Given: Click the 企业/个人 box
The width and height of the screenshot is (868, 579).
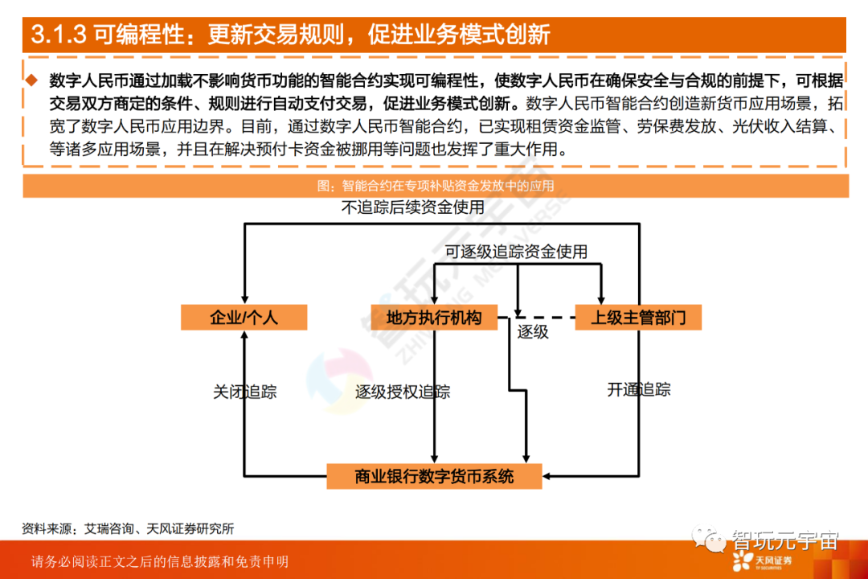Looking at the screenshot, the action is pos(244,318).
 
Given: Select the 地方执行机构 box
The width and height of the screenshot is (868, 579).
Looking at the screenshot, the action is pos(434,318).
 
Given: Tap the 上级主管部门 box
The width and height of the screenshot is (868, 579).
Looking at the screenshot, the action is pos(638,318).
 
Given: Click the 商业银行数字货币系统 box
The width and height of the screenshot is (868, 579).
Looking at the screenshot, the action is pos(434,476).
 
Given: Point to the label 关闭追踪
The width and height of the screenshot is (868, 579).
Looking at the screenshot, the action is pos(244,392).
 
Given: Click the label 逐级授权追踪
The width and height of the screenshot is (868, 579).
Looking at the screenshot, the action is pos(403,392).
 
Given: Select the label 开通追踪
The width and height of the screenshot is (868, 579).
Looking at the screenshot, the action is pos(639,390).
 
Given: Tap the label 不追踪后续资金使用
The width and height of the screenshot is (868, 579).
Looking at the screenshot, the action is pos(413,207).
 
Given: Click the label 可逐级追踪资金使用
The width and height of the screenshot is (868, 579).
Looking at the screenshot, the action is pos(516,252).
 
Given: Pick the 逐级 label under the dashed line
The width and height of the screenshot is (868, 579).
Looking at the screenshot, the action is pos(532,331).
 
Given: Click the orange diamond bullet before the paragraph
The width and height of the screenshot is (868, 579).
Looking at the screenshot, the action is pos(31,80).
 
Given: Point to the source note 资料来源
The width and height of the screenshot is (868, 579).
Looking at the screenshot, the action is pos(129,528).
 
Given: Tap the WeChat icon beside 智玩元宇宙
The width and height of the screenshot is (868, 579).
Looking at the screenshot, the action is pos(711,537).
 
